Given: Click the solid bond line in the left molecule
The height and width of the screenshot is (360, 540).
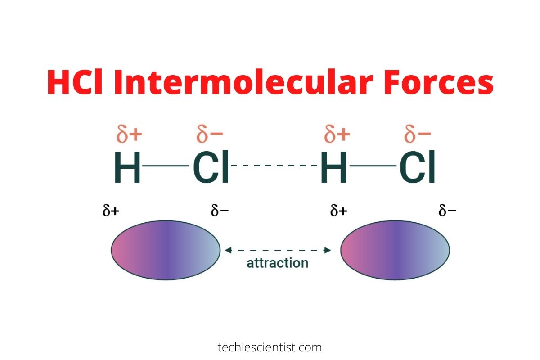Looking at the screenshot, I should click(165, 166).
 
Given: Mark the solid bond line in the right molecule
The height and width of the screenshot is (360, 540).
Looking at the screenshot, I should click(372, 166).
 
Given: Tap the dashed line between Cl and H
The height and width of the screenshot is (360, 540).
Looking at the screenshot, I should click(275, 166).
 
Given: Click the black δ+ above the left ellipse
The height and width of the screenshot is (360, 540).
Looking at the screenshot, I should click(111, 211).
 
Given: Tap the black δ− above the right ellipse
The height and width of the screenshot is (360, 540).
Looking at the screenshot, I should click(447, 211).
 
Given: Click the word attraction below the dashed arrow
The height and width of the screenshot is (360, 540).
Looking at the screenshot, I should click(278, 263).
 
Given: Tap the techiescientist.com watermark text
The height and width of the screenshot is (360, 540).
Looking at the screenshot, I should click(270, 347).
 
